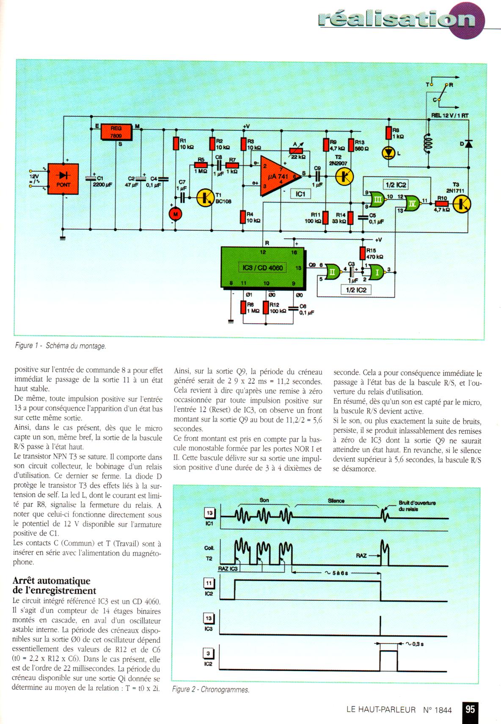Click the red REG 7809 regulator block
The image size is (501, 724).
116,132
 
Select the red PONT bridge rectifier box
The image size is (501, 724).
63,179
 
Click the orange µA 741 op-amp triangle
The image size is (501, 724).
278,176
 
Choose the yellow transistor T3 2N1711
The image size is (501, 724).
462,203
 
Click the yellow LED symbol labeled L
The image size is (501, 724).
388,153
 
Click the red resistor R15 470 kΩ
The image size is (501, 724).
362,253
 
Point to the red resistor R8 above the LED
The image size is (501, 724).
388,133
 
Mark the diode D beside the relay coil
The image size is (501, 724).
468,144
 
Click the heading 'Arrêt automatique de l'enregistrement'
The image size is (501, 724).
54,586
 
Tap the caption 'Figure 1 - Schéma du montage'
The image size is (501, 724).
61,346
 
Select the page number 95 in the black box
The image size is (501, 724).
470,709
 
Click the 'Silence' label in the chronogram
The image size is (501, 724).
336,501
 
